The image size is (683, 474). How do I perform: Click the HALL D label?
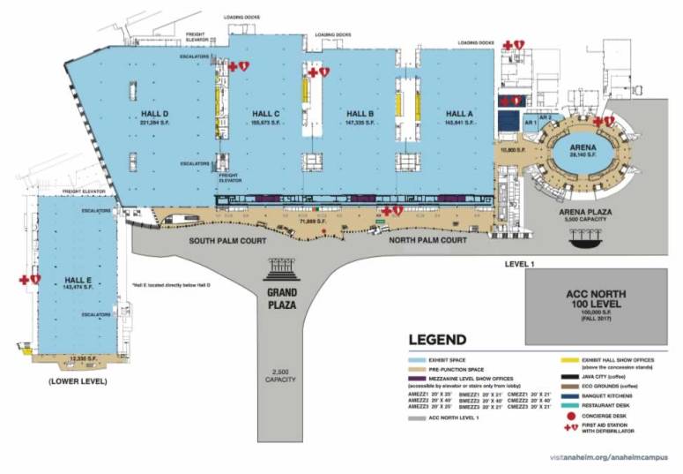pyautogui.click(x=154, y=114)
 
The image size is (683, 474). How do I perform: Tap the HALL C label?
pyautogui.click(x=265, y=114)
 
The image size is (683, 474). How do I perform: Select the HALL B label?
pyautogui.click(x=360, y=114)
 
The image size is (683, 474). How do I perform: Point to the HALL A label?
pyautogui.click(x=459, y=114)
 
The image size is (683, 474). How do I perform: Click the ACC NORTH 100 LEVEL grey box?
pyautogui.click(x=595, y=305)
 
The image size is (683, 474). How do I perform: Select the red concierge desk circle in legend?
pyautogui.click(x=573, y=415)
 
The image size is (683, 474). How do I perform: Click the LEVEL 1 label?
pyautogui.click(x=520, y=264)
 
